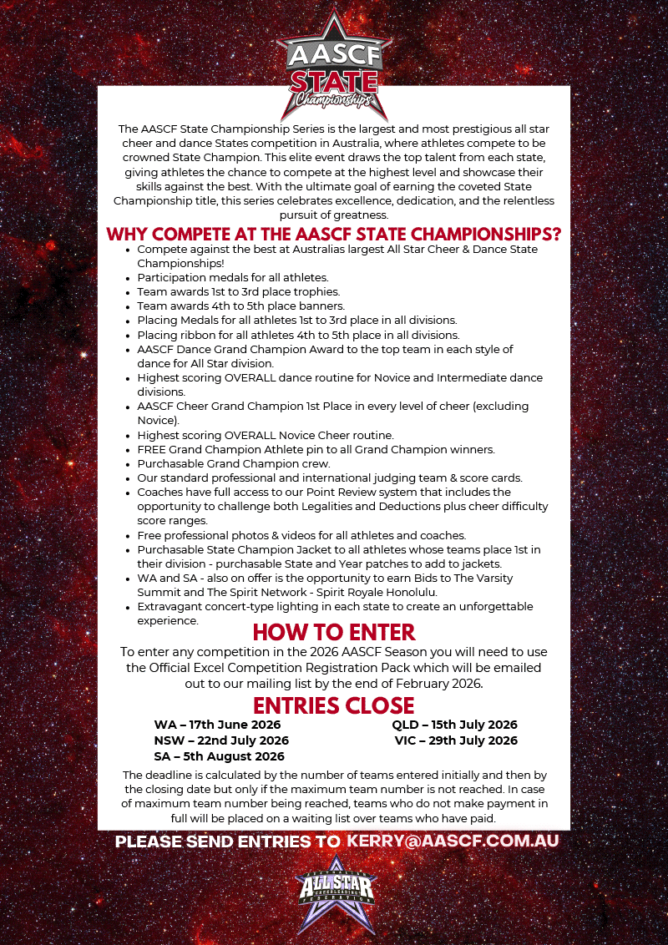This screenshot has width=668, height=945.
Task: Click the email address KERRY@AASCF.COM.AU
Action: (x=453, y=841)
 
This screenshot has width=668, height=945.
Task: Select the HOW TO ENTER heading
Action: (x=334, y=631)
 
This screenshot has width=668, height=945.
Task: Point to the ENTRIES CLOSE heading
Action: (x=334, y=705)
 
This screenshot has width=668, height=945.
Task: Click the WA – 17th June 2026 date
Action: (x=217, y=725)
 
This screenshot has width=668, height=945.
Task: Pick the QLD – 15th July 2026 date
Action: (x=455, y=725)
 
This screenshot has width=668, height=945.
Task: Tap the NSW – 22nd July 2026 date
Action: (x=221, y=740)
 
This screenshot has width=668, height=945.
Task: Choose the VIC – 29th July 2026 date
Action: (x=455, y=740)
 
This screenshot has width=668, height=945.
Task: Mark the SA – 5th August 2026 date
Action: (x=219, y=756)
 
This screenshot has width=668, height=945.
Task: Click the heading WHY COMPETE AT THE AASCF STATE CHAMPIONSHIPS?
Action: (x=334, y=233)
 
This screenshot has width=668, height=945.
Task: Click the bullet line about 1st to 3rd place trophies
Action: (x=238, y=291)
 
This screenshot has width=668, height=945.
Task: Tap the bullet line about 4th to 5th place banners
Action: (x=238, y=306)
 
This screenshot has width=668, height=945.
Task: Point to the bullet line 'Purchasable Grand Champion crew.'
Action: (x=234, y=463)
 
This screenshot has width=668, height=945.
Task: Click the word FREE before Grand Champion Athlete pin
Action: (x=153, y=449)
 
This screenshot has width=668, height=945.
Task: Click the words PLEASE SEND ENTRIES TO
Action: (x=227, y=841)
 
